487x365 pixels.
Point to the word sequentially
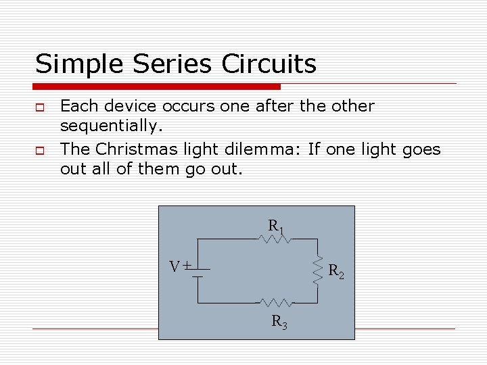pyautogui.click(x=110, y=126)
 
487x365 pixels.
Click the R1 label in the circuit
pyautogui.click(x=275, y=226)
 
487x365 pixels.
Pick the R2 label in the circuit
pyautogui.click(x=336, y=272)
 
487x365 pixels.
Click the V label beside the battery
pyautogui.click(x=175, y=266)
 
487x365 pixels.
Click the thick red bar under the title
pyautogui.click(x=157, y=87)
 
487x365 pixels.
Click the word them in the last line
pyautogui.click(x=160, y=168)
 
